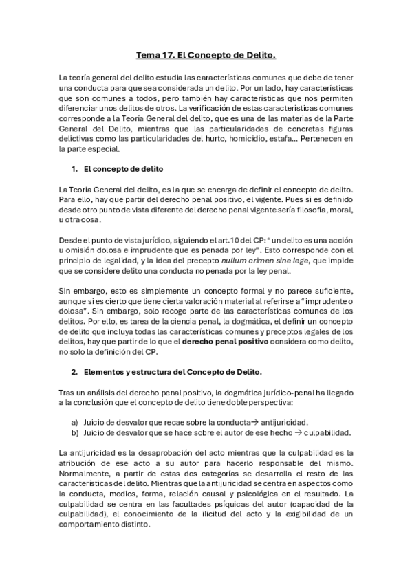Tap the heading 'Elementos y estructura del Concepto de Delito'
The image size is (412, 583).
[172, 373]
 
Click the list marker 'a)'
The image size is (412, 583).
[74, 422]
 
